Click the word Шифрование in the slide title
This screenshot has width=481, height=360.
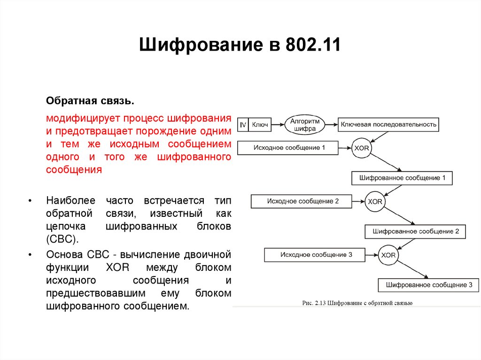coord(198,46)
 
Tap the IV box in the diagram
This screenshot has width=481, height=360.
coord(243,124)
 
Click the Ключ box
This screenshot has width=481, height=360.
coord(260,124)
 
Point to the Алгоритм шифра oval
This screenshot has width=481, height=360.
coord(305,124)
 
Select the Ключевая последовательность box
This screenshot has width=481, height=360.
coord(388,124)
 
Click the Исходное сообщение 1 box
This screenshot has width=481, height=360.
coord(288,148)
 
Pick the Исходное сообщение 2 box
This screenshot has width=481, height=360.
coord(302,201)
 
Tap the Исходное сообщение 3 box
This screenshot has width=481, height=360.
coord(315,255)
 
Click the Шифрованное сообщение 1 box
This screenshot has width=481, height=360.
coord(402,178)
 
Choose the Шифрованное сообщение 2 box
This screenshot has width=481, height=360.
coord(415,231)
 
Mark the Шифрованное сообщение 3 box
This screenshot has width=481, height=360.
coord(428,285)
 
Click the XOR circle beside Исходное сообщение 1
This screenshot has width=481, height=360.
coord(362,148)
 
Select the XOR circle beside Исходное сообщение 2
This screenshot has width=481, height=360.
coord(375,202)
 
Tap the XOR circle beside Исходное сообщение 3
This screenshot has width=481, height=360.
coord(388,255)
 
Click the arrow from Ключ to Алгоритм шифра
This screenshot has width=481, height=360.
coord(278,124)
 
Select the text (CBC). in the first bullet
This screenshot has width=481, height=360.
coord(62,239)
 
